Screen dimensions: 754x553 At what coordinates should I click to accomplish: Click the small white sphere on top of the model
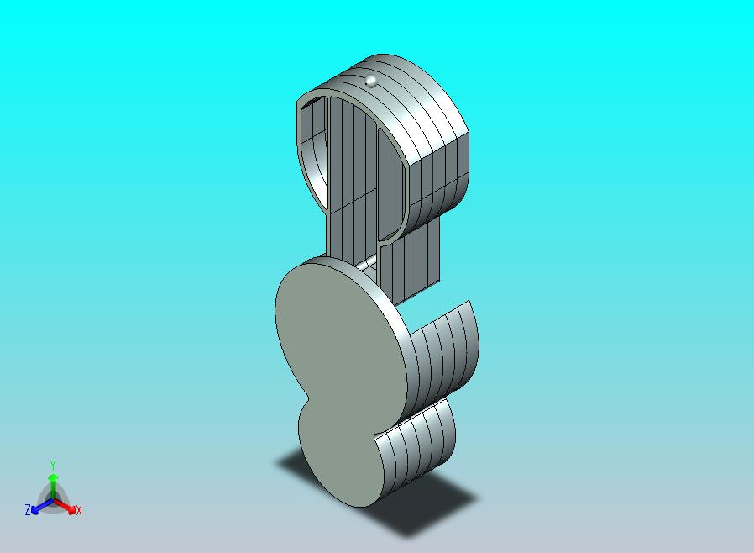coord(371,81)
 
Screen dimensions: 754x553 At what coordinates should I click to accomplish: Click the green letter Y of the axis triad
coord(53,465)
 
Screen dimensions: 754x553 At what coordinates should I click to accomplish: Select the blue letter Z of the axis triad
coord(28,509)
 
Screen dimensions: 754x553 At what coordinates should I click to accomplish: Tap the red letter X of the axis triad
coord(79,510)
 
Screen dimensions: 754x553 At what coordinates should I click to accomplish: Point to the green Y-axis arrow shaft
coord(53,487)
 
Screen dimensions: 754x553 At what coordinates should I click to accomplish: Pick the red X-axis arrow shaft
coord(64,505)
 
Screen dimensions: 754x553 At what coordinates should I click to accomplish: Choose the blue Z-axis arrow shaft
coord(42,505)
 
